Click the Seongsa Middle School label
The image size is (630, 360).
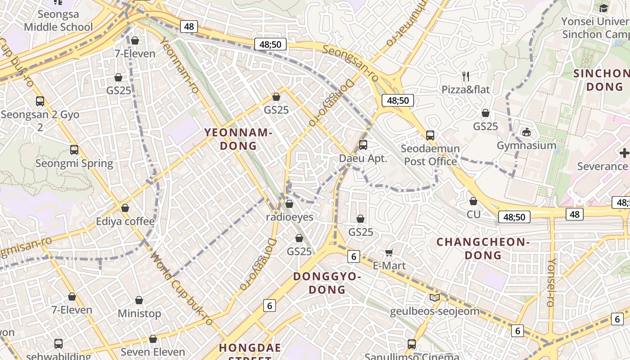58,21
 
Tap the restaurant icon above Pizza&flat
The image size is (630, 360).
466,76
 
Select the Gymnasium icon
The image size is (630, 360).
526,132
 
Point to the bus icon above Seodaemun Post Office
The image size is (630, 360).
430,135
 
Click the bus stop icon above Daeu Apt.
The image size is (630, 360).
363,145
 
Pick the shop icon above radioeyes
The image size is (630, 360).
289,204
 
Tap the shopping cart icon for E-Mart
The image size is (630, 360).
389,252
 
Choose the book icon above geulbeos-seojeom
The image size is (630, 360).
434,297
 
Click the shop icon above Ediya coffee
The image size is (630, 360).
125,208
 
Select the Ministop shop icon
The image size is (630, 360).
139,300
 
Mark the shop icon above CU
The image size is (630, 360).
473,201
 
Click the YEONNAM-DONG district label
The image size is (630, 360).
238,139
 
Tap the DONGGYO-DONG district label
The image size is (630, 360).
327,283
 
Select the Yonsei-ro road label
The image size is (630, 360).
551,282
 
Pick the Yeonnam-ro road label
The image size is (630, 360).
180,66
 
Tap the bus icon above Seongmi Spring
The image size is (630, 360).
74,149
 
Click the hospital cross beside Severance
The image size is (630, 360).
624,153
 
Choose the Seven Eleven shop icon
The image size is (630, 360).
153,339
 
